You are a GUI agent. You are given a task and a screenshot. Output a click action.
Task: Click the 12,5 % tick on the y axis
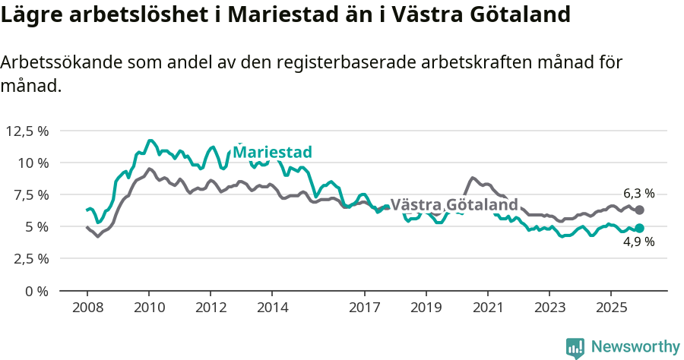tap(27, 131)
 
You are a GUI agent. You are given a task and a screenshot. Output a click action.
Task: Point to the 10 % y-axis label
tap(33, 163)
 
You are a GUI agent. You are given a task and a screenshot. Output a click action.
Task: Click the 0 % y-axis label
tap(37, 291)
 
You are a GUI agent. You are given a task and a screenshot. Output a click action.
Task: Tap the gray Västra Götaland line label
tap(454, 205)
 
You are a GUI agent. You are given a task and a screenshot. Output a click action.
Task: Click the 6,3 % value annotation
tap(639, 194)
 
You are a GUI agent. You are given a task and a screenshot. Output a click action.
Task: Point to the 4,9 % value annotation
tap(639, 242)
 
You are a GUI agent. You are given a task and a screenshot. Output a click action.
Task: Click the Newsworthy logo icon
tap(575, 348)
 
